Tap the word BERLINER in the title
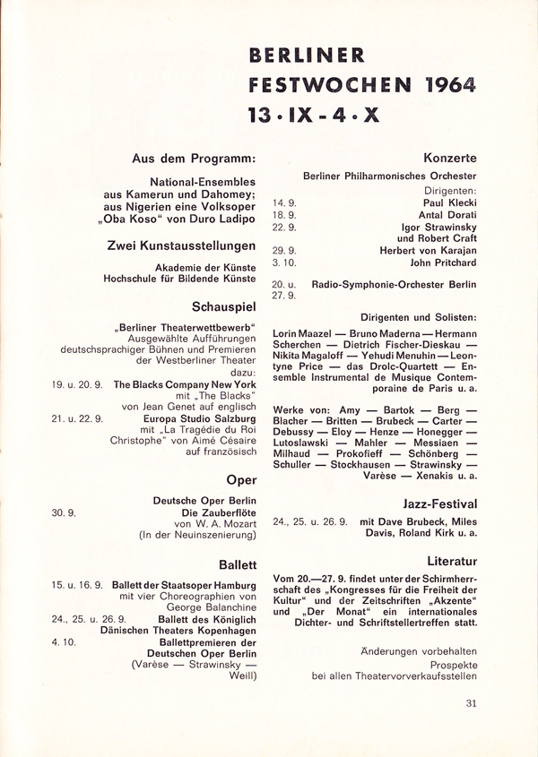[x=308, y=56]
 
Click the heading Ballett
[x=238, y=564]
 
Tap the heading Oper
[x=242, y=479]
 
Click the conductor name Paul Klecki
[x=449, y=203]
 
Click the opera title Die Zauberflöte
[x=219, y=512]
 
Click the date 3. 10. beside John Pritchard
[x=286, y=263]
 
